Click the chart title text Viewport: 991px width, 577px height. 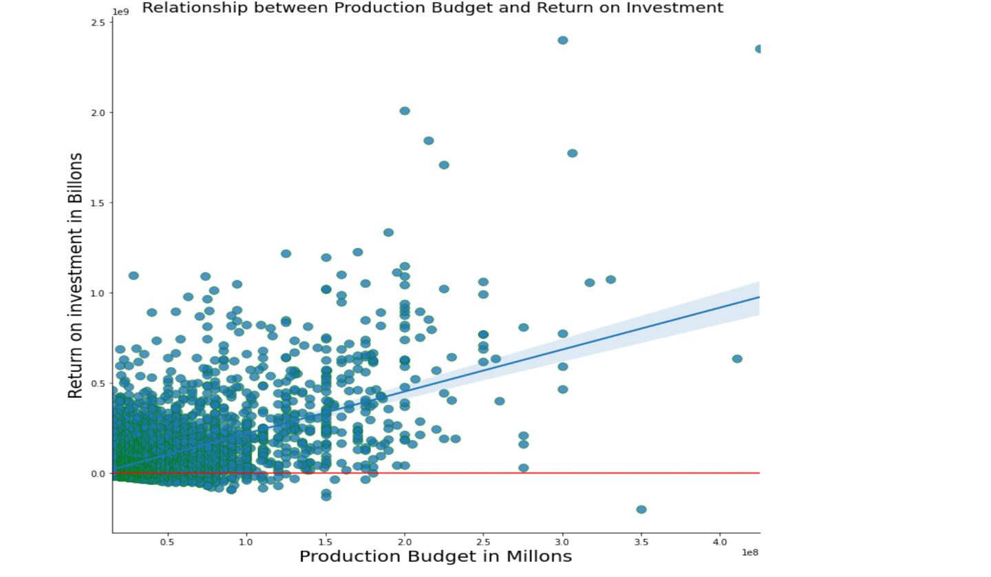[x=432, y=8]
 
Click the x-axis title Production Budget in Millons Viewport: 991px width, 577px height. [x=436, y=556]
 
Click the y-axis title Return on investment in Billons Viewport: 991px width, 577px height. [x=75, y=275]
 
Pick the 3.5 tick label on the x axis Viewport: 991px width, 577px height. [x=641, y=542]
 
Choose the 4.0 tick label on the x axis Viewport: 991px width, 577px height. [x=721, y=542]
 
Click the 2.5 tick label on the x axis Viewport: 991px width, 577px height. [x=483, y=542]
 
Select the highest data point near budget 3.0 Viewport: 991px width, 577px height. [x=563, y=40]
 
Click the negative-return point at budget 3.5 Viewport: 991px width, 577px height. [x=641, y=510]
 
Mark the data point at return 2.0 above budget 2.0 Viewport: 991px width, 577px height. [x=405, y=111]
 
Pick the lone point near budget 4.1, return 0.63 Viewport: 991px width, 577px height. [x=737, y=359]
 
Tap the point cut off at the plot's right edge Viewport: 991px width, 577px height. [x=759, y=49]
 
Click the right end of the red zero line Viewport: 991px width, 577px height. [x=758, y=473]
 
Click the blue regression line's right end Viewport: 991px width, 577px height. [x=758, y=297]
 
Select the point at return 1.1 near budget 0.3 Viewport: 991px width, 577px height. [x=134, y=275]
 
